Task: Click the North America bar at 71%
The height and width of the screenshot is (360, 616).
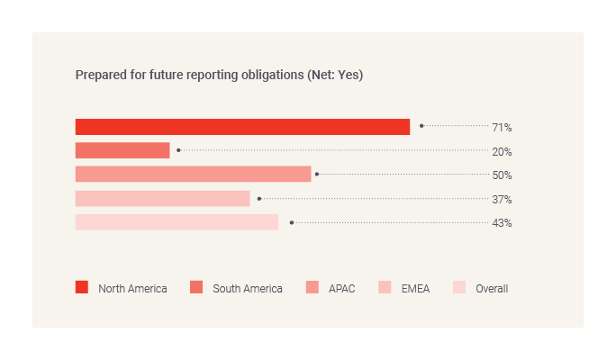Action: point(242,127)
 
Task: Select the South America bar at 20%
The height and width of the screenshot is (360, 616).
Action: point(122,150)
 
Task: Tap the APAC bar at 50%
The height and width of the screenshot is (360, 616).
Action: point(193,174)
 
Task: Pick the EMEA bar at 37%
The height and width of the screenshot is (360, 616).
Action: point(162,198)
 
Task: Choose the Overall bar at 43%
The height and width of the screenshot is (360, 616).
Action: point(177,222)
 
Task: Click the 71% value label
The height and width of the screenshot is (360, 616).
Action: point(502,128)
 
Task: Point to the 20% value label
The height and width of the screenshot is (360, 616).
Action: point(502,151)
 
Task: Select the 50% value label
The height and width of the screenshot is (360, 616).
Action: point(502,175)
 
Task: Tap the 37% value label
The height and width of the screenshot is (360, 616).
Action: point(502,199)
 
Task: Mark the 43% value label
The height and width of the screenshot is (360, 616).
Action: point(502,222)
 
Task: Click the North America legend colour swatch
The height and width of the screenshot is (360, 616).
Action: point(82,288)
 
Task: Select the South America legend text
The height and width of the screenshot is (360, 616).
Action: point(248,289)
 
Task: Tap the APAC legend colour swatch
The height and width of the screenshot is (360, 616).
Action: point(312,288)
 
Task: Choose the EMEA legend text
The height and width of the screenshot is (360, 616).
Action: point(415,289)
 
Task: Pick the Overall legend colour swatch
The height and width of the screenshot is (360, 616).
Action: point(459,288)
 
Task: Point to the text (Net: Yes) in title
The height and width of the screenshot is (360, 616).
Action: point(335,75)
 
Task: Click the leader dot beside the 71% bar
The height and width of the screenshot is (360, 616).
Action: point(421,126)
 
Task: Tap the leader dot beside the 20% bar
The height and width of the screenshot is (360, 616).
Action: point(178,150)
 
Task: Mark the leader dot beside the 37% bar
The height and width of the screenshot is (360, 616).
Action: point(259,198)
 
